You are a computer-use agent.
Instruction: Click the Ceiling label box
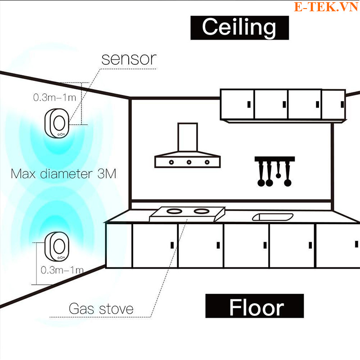pos(239,28)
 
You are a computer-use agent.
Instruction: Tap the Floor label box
pos(254,306)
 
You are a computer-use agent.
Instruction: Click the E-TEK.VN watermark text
pos(326,6)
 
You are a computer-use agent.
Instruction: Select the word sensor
pos(129,59)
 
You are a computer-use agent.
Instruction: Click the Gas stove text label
pos(101,309)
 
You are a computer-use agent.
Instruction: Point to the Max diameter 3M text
pos(63,174)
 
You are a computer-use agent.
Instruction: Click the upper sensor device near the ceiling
pos(57,123)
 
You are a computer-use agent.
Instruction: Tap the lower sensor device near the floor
pos(57,246)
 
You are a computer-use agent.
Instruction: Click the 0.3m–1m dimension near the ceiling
pos(54,98)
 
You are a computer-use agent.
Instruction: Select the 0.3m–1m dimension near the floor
pos(62,270)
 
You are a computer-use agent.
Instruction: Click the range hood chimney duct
pos(188,137)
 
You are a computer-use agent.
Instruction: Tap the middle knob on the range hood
pos(189,162)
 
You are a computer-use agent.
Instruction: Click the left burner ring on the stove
pos(174,211)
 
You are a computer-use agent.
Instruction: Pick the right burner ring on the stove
pos(202,211)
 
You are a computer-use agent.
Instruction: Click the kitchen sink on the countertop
pos(273,217)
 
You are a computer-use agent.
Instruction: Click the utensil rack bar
pos(274,159)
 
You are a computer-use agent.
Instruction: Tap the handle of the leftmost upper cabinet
pos(249,104)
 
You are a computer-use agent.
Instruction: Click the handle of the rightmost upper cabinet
pos(342,104)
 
